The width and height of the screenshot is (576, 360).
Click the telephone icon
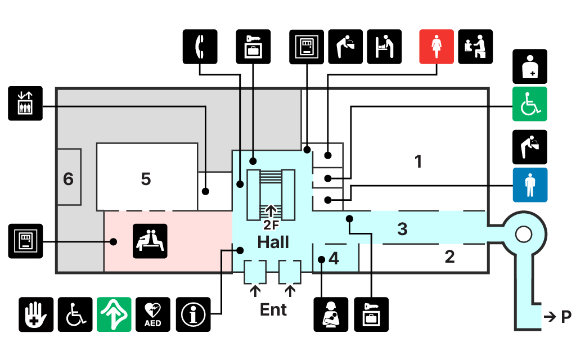click(x=200, y=46)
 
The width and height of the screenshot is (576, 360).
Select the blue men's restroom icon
click(x=529, y=184)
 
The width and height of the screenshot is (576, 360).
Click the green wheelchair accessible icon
click(x=529, y=104)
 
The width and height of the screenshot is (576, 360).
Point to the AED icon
click(x=153, y=314)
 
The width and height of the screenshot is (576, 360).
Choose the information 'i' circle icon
click(x=193, y=314)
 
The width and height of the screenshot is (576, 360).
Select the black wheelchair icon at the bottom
click(x=75, y=314)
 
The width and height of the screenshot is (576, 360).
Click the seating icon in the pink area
click(x=150, y=241)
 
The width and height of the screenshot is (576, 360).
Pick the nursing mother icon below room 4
click(x=331, y=314)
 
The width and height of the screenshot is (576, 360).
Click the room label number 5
click(x=146, y=179)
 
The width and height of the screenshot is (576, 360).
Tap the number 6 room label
click(x=68, y=179)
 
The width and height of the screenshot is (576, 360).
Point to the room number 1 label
click(x=418, y=162)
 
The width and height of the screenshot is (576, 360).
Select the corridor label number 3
click(x=402, y=229)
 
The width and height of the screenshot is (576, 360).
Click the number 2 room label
click(x=449, y=257)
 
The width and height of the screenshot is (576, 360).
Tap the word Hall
click(x=273, y=242)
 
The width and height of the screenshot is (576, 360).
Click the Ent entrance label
click(x=273, y=309)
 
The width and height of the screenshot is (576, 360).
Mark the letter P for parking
click(x=566, y=317)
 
